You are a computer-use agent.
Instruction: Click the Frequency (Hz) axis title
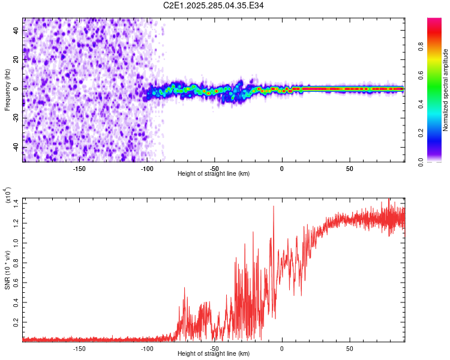click(x=7, y=89)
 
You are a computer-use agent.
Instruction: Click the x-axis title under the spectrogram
click(x=214, y=173)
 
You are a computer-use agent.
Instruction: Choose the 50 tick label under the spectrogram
click(x=349, y=169)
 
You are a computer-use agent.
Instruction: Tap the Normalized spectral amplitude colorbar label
click(x=446, y=89)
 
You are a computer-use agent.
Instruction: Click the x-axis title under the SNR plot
click(x=214, y=353)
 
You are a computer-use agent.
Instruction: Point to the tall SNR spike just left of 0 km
click(x=274, y=207)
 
